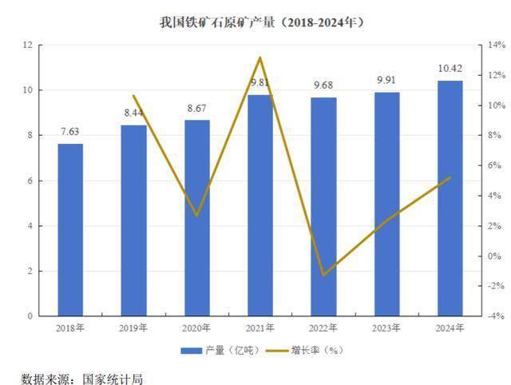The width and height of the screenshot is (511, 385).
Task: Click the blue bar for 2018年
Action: point(70,230)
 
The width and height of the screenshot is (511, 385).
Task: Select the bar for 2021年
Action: point(260,205)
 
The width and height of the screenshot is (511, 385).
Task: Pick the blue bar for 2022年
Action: point(323,207)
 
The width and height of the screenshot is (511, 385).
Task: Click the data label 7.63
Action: point(70,133)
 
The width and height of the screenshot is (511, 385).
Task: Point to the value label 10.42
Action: point(450,70)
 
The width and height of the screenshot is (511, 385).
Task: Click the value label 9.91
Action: point(387,80)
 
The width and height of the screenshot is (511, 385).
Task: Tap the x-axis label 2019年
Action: point(133,328)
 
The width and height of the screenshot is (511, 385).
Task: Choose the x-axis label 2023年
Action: point(387,328)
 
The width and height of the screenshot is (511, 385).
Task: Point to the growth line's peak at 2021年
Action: point(260,58)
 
